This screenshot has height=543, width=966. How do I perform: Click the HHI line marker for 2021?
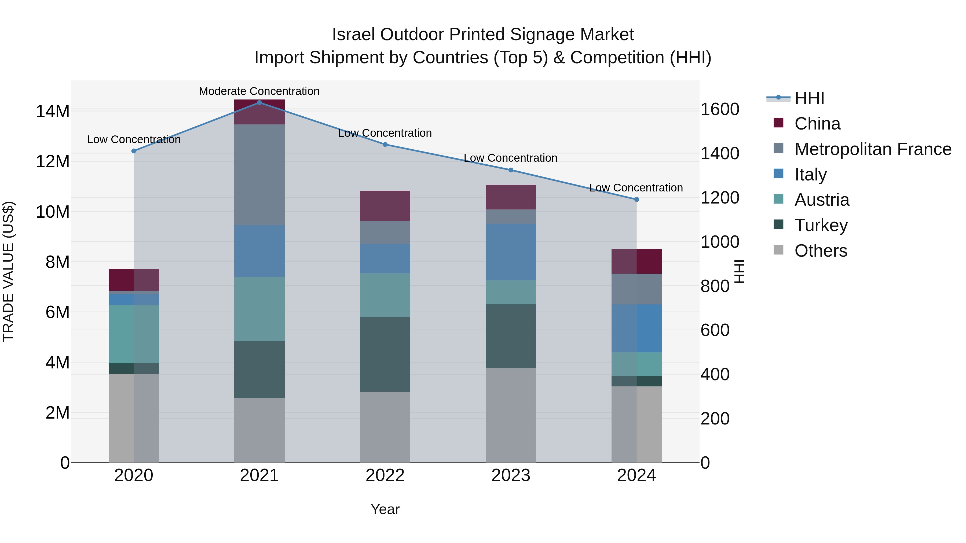pyautogui.click(x=259, y=102)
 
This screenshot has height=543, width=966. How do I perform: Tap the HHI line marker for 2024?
pyautogui.click(x=636, y=199)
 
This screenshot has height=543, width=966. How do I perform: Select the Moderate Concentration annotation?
pyautogui.click(x=259, y=91)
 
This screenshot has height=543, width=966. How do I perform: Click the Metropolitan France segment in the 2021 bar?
pyautogui.click(x=259, y=174)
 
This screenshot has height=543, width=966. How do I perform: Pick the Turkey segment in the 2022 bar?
pyautogui.click(x=385, y=354)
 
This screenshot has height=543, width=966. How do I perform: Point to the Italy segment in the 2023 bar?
pyautogui.click(x=510, y=252)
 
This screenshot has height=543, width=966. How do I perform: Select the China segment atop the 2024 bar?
pyautogui.click(x=636, y=261)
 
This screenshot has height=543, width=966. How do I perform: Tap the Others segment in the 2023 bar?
pyautogui.click(x=510, y=415)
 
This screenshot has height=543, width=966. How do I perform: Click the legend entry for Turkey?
pyautogui.click(x=821, y=225)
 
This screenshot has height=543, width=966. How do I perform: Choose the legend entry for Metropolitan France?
pyautogui.click(x=873, y=149)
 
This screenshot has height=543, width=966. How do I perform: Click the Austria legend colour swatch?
pyautogui.click(x=778, y=199)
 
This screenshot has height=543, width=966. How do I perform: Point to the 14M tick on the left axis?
pyautogui.click(x=53, y=111)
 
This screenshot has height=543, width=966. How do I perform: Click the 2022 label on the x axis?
pyautogui.click(x=385, y=475)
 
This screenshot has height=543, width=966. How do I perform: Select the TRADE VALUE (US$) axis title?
pyautogui.click(x=8, y=271)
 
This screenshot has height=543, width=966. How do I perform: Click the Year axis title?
pyautogui.click(x=385, y=509)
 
